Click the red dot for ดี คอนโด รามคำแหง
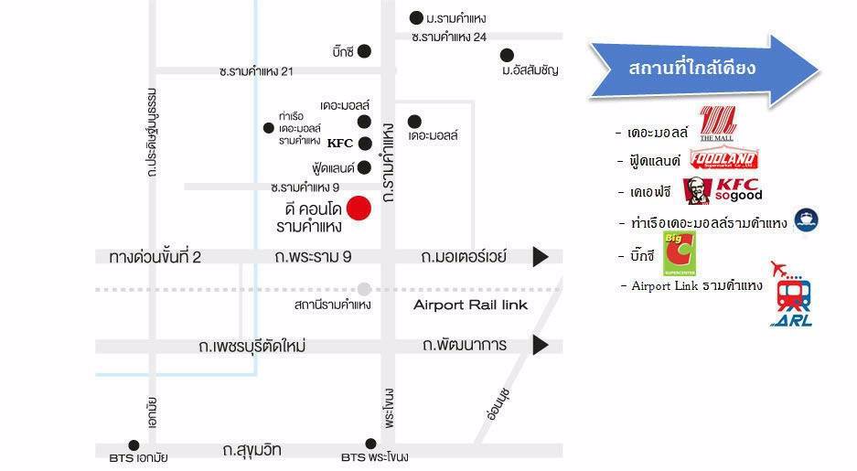click(359, 209)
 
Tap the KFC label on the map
click(340, 144)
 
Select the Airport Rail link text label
click(470, 305)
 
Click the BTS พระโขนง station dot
click(370, 444)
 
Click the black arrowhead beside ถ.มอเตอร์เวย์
click(541, 257)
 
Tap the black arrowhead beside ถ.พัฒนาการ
click(541, 346)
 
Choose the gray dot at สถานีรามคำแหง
click(365, 288)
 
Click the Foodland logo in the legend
click(723, 160)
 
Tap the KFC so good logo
click(723, 191)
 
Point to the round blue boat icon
click(806, 219)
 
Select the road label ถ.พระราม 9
click(313, 258)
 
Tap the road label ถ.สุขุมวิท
click(252, 449)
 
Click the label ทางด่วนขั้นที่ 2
click(155, 258)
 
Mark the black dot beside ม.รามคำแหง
click(416, 17)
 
